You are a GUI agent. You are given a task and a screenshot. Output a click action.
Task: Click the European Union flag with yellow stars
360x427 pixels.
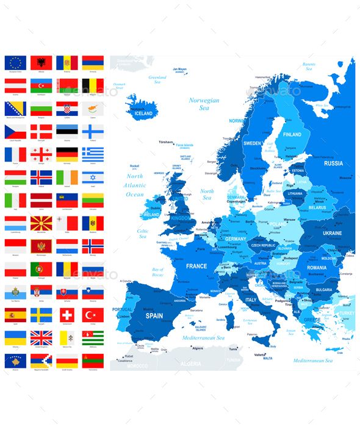(x=15, y=62)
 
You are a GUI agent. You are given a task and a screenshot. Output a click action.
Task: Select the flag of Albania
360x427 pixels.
(x=41, y=62)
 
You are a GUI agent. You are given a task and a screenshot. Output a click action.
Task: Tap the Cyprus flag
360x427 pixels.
(x=93, y=108)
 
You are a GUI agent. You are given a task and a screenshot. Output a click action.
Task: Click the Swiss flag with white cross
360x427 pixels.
(x=67, y=314)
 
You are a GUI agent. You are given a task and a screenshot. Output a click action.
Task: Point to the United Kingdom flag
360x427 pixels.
(x=41, y=337)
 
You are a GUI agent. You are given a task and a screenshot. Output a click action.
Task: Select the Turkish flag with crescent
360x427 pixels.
(x=93, y=314)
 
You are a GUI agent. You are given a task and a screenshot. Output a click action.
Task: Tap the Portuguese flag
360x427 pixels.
(x=41, y=268)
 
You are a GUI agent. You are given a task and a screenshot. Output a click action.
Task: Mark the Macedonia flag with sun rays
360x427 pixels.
(x=41, y=223)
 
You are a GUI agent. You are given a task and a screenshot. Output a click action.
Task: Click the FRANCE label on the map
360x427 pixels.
(x=196, y=266)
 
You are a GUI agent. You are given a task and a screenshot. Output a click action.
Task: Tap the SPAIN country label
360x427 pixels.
(x=154, y=315)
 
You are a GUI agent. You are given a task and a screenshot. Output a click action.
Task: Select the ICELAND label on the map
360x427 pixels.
(x=143, y=113)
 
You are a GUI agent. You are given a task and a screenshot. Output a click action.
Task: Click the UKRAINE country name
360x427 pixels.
(x=333, y=233)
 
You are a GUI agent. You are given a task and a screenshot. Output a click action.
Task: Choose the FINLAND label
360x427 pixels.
(x=292, y=134)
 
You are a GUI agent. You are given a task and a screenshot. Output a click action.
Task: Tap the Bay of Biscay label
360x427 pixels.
(x=157, y=271)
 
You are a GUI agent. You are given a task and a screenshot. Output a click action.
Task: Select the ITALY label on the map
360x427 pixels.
(x=251, y=300)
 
